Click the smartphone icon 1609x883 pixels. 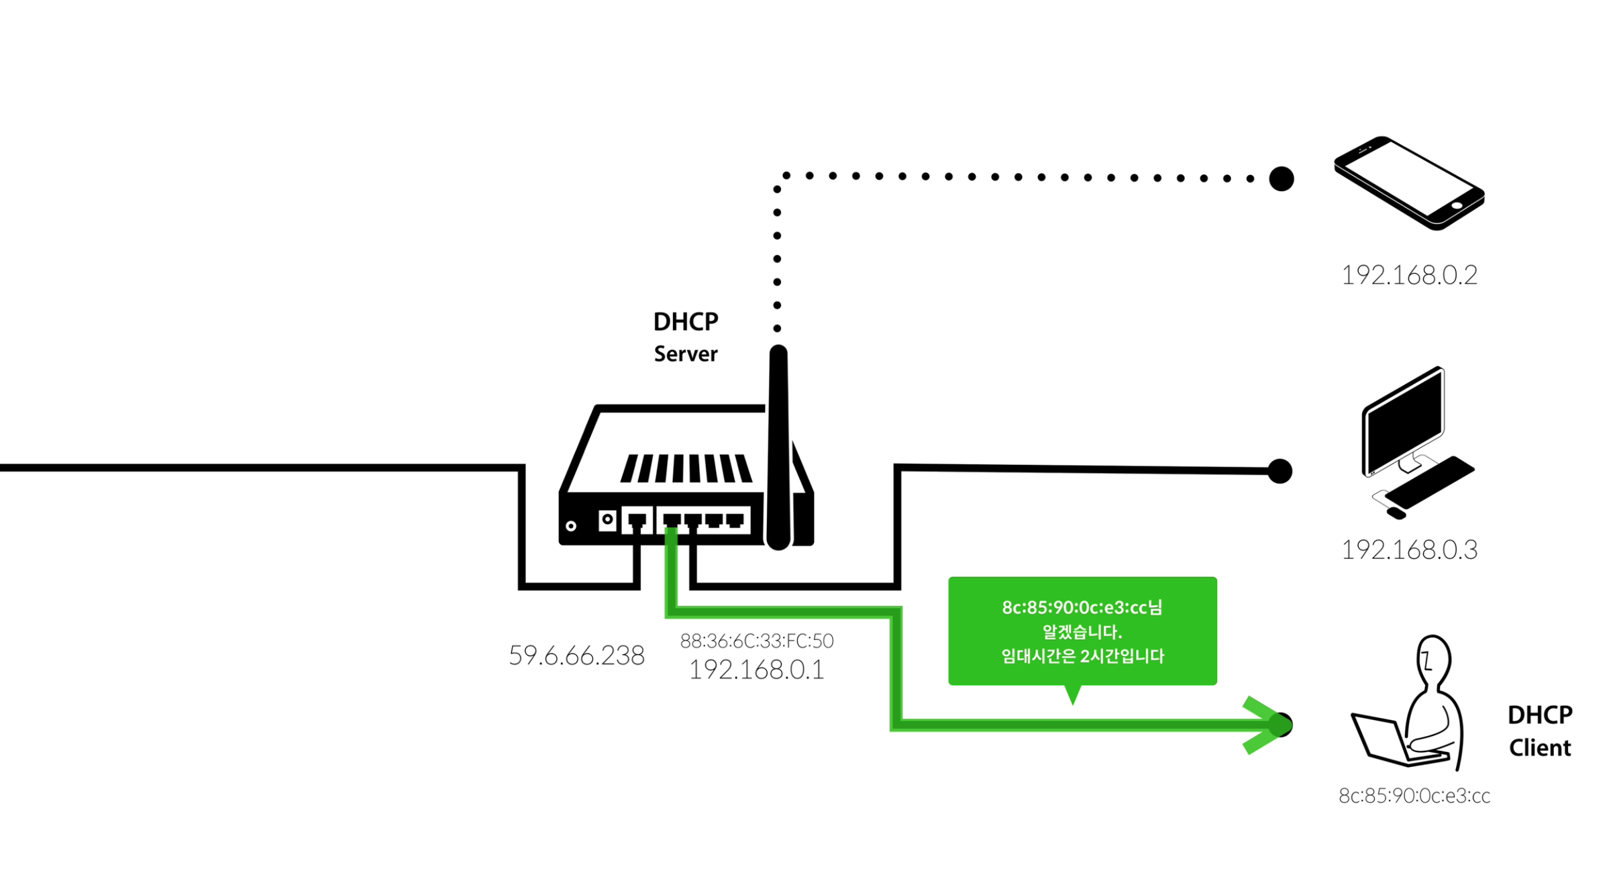point(1409,183)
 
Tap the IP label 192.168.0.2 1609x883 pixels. point(1409,275)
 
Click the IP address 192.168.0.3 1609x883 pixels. point(1409,550)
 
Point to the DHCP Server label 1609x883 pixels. point(686,337)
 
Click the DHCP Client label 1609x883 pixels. point(1540,731)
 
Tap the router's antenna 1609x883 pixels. point(778,448)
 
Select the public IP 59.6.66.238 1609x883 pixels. point(576,656)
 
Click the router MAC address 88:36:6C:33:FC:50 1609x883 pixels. point(757,641)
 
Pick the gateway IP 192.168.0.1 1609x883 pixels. point(757,670)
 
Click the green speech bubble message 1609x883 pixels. point(1082,631)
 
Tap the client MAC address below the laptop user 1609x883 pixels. point(1414,796)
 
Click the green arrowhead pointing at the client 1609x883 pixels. point(1265,725)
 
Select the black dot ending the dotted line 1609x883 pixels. point(1282,179)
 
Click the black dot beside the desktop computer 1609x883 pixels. point(1280,471)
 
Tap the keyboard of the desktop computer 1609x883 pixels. point(1430,482)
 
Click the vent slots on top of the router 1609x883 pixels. point(686,468)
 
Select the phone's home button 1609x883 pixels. point(1457,205)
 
